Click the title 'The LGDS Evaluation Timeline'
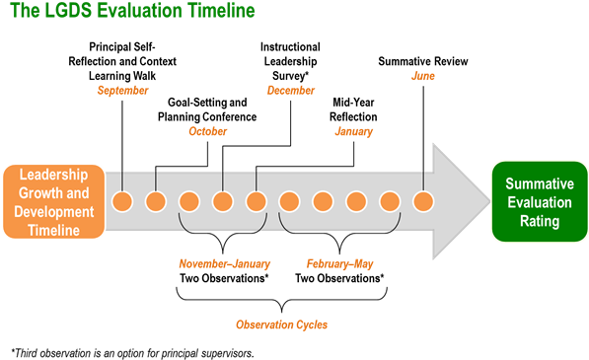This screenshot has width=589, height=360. click(x=132, y=12)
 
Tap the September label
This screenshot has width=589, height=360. click(x=122, y=91)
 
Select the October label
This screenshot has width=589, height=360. click(x=208, y=131)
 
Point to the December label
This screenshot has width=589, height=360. click(x=291, y=91)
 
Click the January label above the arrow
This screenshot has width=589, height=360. click(x=354, y=131)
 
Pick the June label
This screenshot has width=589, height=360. click(x=423, y=76)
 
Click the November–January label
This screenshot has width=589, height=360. click(x=224, y=264)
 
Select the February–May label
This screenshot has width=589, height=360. click(x=339, y=264)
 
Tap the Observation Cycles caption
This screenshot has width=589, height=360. click(x=281, y=324)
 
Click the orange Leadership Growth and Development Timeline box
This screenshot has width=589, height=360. click(x=53, y=201)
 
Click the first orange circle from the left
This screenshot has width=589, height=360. click(x=122, y=201)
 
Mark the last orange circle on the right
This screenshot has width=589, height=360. click(x=423, y=201)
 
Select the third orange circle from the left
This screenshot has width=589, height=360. click(x=189, y=201)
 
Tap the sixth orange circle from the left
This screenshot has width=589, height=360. click(x=289, y=201)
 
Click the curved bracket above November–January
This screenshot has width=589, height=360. click(x=224, y=231)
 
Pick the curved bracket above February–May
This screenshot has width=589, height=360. click(x=339, y=231)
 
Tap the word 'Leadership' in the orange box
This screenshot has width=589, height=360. click(x=53, y=176)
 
